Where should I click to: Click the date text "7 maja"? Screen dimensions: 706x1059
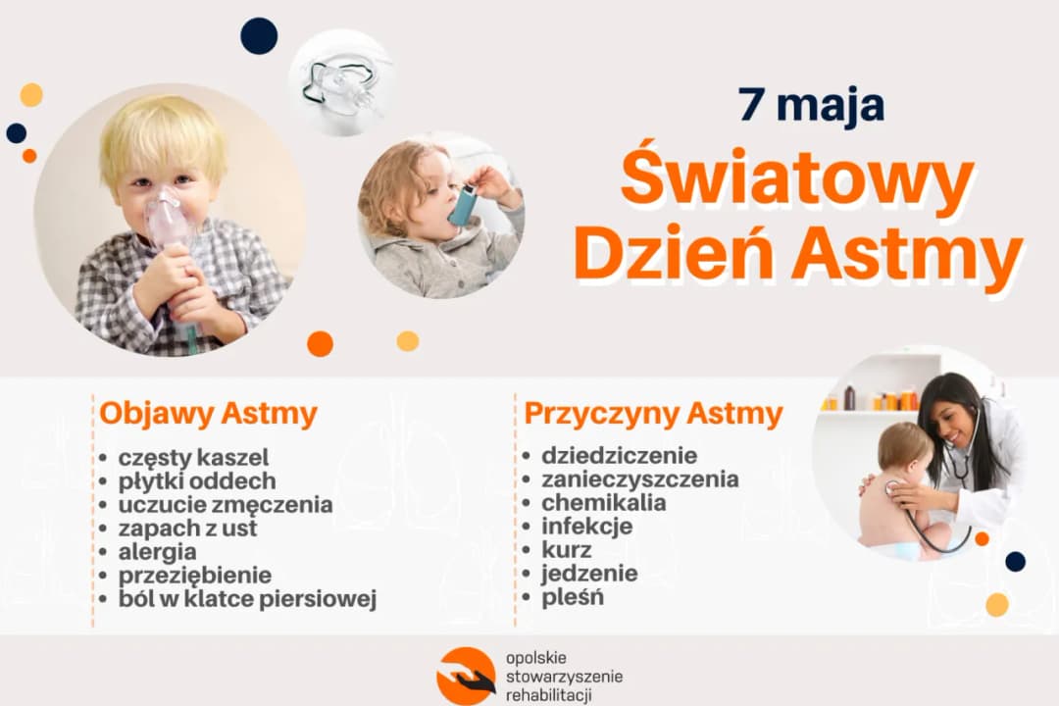[x=812, y=106]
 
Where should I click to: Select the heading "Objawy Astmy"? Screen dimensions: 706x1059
[x=208, y=414]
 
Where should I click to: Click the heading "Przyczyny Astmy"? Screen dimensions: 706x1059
[x=653, y=414]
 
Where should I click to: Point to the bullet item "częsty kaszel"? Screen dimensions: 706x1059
[x=193, y=458]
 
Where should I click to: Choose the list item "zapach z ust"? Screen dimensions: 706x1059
[x=187, y=529]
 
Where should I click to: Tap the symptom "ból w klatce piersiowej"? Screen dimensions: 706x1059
[x=247, y=599]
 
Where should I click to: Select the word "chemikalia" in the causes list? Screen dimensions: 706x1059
[x=603, y=503]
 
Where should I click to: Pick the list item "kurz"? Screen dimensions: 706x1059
[x=566, y=550]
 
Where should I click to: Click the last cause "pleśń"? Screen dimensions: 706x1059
[x=573, y=597]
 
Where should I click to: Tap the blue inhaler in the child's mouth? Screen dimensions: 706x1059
[x=463, y=205]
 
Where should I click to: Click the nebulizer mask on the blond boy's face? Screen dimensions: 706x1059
[x=168, y=222]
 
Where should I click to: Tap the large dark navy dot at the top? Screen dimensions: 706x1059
[x=259, y=36]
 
